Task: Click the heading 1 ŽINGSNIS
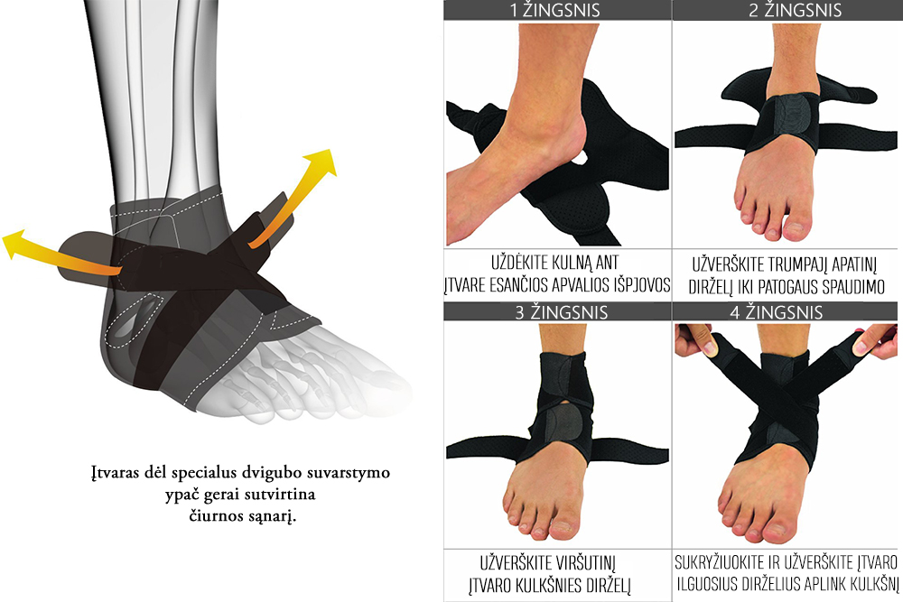(x=555, y=10)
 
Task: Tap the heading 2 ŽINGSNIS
(x=795, y=10)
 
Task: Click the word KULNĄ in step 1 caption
(x=572, y=263)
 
